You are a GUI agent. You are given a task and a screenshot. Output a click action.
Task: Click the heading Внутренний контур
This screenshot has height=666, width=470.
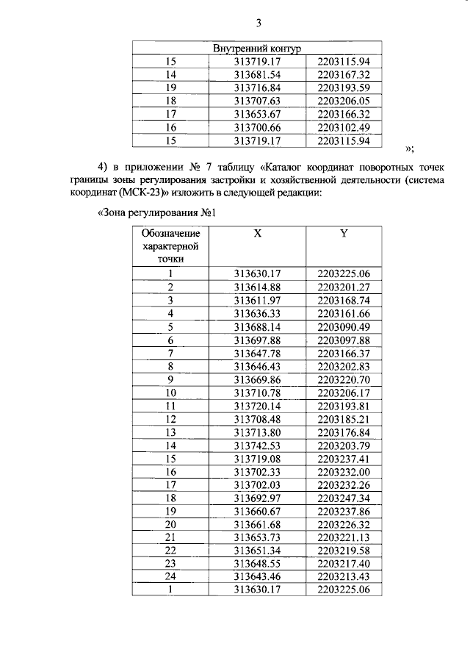(x=257, y=49)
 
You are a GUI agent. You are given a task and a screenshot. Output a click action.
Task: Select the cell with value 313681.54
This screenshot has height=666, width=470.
(x=257, y=75)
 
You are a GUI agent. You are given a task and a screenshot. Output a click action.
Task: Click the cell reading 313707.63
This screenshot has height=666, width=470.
(x=257, y=101)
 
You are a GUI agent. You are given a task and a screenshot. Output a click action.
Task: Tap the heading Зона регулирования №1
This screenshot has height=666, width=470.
(x=155, y=215)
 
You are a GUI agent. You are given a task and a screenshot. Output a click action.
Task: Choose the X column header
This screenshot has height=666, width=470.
(x=257, y=234)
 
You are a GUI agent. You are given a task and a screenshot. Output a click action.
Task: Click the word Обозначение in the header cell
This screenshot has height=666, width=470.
(x=170, y=234)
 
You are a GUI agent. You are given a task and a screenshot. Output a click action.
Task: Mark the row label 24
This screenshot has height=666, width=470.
(x=170, y=577)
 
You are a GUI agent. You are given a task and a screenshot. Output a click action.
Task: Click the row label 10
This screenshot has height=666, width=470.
(x=170, y=393)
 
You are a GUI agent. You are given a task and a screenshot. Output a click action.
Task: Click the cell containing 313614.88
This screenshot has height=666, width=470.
(x=257, y=287)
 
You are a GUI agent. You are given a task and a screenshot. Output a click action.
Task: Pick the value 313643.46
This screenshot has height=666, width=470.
(x=257, y=577)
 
